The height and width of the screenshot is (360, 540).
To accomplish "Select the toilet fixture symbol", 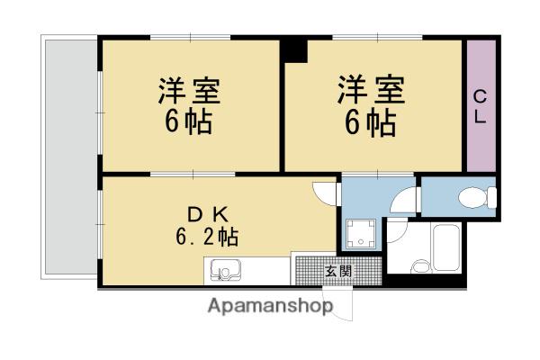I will (x=476, y=195).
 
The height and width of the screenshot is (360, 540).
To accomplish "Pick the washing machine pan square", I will (x=362, y=234).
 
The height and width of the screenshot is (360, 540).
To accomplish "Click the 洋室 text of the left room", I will (x=190, y=92).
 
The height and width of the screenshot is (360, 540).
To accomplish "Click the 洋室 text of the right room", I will (x=371, y=92).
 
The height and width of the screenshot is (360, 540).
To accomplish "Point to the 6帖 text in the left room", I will (x=190, y=122).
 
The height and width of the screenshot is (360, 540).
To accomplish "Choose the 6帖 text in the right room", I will (x=371, y=122).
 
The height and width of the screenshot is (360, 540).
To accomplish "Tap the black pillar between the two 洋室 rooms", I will (x=294, y=49).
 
